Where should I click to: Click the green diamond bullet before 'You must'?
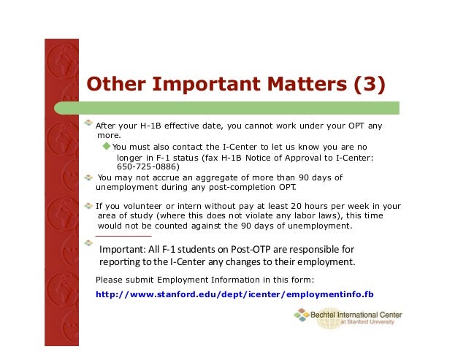(107, 146)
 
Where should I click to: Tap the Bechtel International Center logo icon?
(301, 315)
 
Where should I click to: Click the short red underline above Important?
(124, 236)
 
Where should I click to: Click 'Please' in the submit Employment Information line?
(110, 280)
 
